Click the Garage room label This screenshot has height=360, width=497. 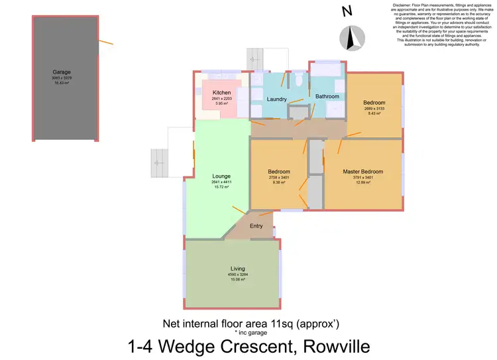pyautogui.click(x=62, y=72)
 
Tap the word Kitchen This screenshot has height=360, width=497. pyautogui.click(x=221, y=93)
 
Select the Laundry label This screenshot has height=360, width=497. pyautogui.click(x=276, y=99)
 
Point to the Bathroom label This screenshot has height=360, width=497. pyautogui.click(x=327, y=97)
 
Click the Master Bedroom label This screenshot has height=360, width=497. pyautogui.click(x=362, y=172)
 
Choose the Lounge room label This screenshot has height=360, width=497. pyautogui.click(x=220, y=176)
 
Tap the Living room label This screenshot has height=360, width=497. pyautogui.click(x=238, y=269)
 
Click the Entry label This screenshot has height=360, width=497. pyautogui.click(x=256, y=226)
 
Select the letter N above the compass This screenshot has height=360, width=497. pyautogui.click(x=346, y=11)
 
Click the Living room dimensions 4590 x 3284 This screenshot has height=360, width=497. pyautogui.click(x=238, y=274)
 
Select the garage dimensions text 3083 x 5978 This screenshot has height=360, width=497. pyautogui.click(x=62, y=78)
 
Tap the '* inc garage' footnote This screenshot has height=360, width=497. pyautogui.click(x=250, y=331)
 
